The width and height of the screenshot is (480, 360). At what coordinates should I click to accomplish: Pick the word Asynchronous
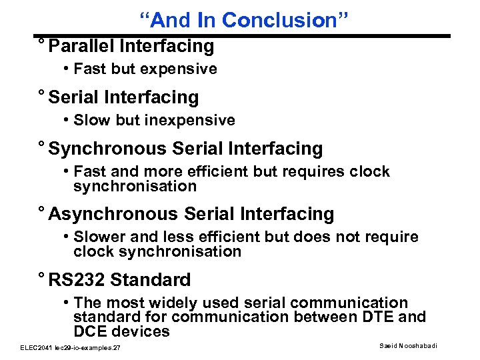(x=113, y=214)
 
